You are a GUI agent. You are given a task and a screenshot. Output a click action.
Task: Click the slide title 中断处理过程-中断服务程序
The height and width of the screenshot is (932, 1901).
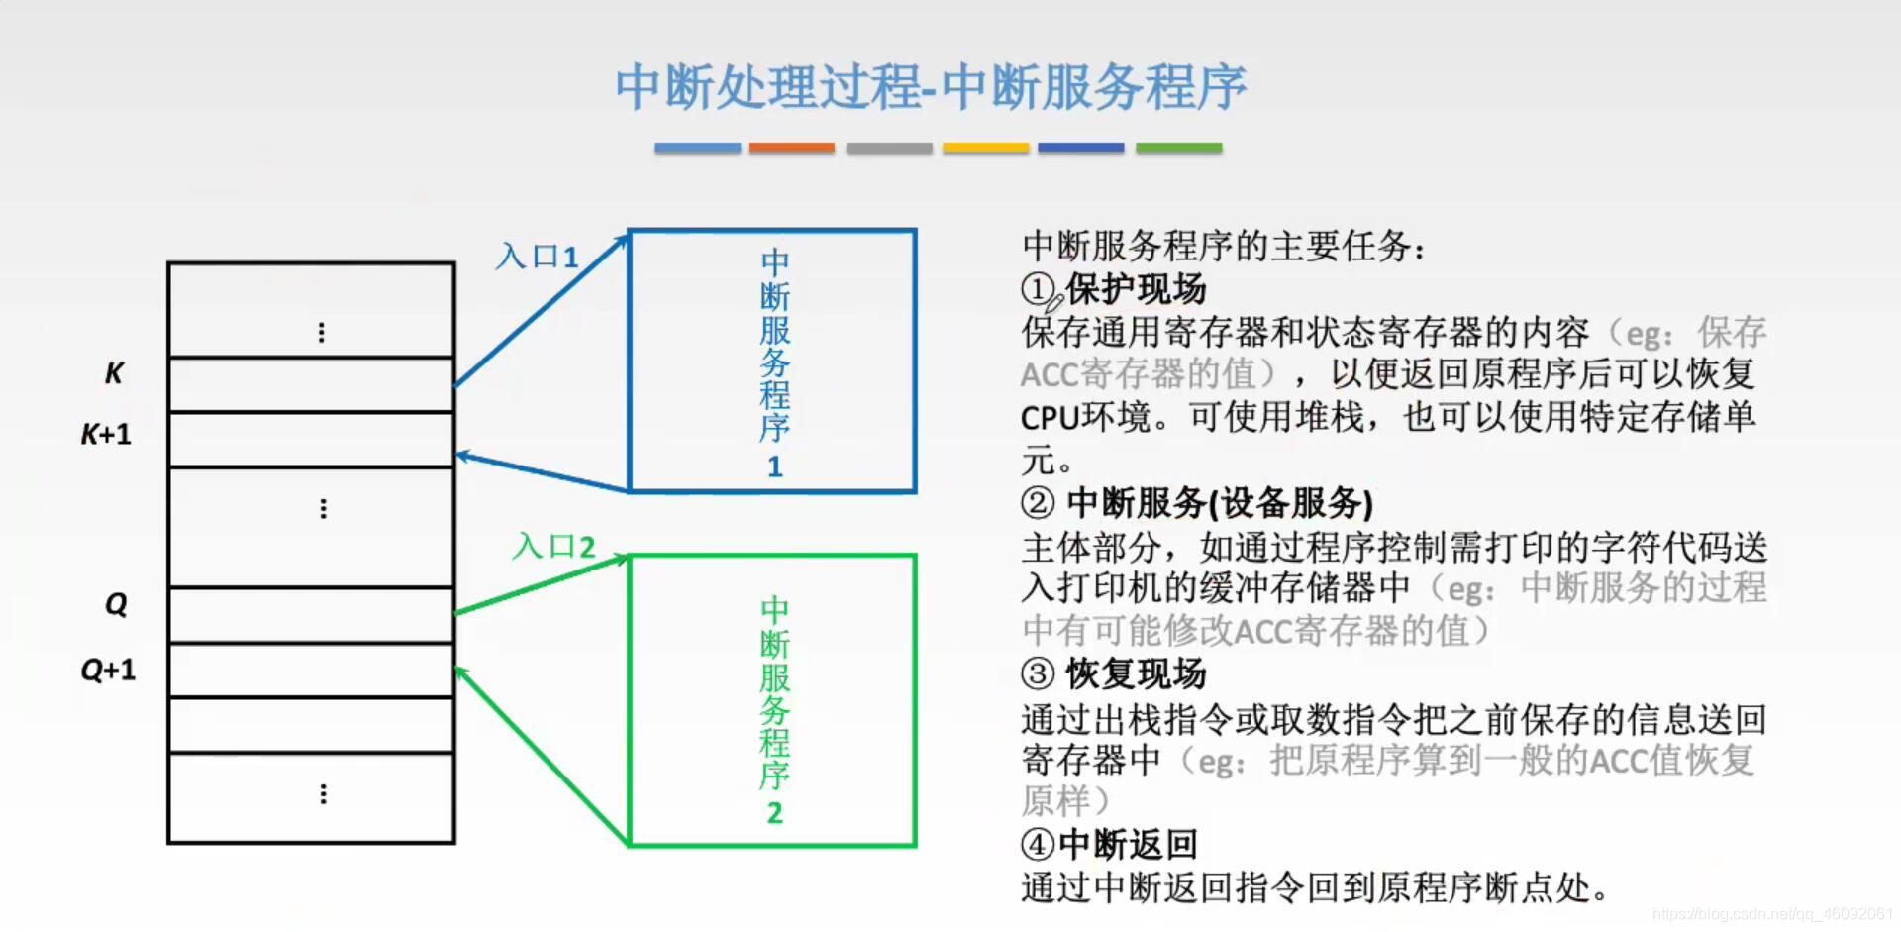tap(931, 87)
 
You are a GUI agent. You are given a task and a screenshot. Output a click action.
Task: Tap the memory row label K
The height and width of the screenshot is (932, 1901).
tap(114, 373)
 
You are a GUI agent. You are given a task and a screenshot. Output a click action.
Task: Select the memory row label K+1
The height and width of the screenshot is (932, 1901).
tap(106, 434)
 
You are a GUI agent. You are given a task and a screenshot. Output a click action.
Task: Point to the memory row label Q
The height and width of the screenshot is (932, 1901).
tap(116, 604)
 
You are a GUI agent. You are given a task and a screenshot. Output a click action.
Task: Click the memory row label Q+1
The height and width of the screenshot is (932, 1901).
tap(108, 671)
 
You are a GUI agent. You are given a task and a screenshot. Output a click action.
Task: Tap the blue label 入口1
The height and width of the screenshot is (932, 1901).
tap(538, 257)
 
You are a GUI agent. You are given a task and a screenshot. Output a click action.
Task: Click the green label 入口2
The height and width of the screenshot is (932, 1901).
tap(554, 546)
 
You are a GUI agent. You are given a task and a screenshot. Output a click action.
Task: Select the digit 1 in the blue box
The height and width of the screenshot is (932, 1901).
tap(774, 466)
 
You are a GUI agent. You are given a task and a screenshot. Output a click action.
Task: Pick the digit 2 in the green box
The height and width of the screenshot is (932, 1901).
tap(774, 813)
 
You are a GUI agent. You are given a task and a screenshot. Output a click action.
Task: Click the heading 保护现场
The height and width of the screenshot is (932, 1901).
tap(1136, 289)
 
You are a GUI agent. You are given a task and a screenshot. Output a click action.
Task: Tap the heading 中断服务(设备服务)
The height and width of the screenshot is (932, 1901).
tap(1220, 503)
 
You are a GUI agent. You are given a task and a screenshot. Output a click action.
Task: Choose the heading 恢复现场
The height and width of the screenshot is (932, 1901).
tap(1136, 674)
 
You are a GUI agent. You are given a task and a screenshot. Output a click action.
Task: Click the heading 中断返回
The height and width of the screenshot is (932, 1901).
tap(1128, 845)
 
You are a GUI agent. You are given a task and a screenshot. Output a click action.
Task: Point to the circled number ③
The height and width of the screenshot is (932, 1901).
tap(1038, 674)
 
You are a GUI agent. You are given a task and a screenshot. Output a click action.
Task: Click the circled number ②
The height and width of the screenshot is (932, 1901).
tap(1038, 503)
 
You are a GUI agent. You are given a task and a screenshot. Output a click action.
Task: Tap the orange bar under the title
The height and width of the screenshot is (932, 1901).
tap(791, 148)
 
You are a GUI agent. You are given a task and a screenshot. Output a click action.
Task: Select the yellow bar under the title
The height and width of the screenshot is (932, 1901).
tap(985, 148)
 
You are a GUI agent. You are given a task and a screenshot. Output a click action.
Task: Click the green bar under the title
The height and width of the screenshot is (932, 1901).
tap(1178, 148)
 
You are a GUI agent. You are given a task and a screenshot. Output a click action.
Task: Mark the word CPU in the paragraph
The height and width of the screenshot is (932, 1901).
tap(1049, 418)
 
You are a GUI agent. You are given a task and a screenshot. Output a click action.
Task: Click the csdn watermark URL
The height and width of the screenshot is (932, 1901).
tap(1772, 914)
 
